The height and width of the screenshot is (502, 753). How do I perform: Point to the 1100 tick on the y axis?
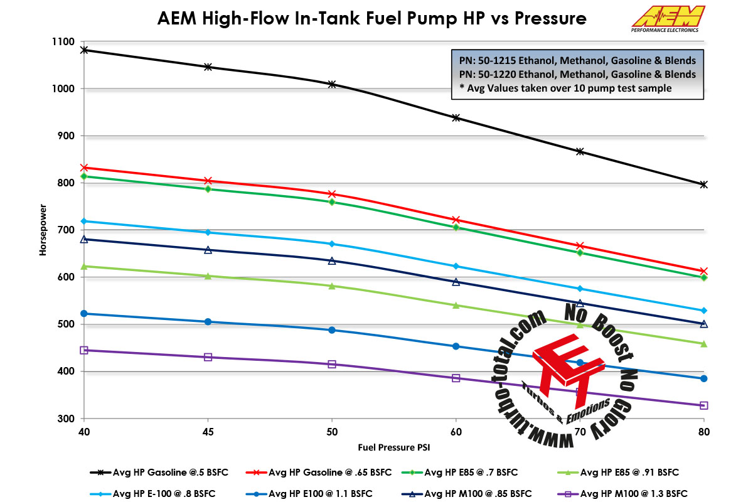63,41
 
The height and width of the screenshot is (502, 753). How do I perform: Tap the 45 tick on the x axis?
208,432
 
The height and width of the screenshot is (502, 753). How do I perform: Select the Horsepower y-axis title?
44,229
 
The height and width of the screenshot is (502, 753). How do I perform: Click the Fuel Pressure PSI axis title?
394,448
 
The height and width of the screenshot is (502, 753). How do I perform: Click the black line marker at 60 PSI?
456,118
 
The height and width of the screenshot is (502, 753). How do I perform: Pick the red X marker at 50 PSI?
332,194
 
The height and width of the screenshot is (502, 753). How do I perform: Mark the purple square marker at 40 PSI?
84,350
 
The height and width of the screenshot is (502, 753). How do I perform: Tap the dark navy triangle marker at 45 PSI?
208,250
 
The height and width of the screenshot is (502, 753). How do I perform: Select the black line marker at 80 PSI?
703,184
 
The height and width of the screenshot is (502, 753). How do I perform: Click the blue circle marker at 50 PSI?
332,330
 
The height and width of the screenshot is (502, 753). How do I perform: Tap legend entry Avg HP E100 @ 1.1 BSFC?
307,493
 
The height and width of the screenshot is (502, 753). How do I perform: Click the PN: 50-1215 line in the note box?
574,61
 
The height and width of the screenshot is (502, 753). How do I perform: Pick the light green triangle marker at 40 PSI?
84,266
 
